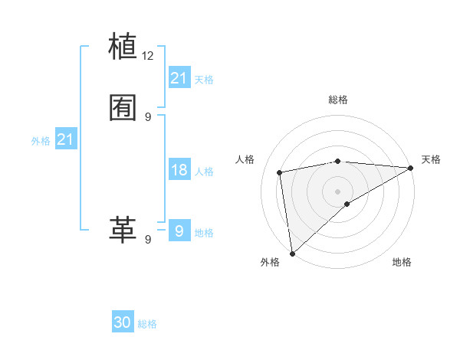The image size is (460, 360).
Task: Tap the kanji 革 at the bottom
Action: [123, 229]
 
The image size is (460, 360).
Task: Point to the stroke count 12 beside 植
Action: [148, 56]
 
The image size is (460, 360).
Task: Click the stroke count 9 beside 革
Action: [148, 240]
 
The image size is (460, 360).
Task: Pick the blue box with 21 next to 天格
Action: [179, 78]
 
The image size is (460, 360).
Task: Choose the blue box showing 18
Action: [179, 170]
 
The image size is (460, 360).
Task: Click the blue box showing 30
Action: [123, 323]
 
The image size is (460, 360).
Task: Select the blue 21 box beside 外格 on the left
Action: [65, 139]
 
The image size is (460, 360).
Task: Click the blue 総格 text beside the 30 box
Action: [147, 324]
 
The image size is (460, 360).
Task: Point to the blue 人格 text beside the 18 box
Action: [204, 171]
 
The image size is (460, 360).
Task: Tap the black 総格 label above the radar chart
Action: [338, 100]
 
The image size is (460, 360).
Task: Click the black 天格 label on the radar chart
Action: [431, 159]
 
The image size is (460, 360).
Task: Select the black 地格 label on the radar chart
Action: [402, 262]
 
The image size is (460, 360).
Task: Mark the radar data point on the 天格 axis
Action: [411, 168]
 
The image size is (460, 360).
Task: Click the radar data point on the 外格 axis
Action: [292, 253]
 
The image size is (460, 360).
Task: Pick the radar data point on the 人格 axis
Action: [280, 172]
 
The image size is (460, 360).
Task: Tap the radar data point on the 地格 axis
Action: [347, 204]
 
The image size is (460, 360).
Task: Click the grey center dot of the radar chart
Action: [338, 191]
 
